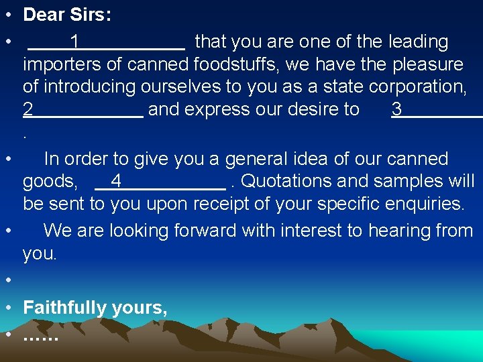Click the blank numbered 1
(x=106, y=42)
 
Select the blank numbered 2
(x=83, y=110)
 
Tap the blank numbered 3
(x=436, y=110)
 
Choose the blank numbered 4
(x=160, y=182)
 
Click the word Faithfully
(x=65, y=308)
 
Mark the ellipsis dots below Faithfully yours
(x=40, y=336)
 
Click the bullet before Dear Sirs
(x=7, y=15)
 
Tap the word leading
(x=418, y=42)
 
